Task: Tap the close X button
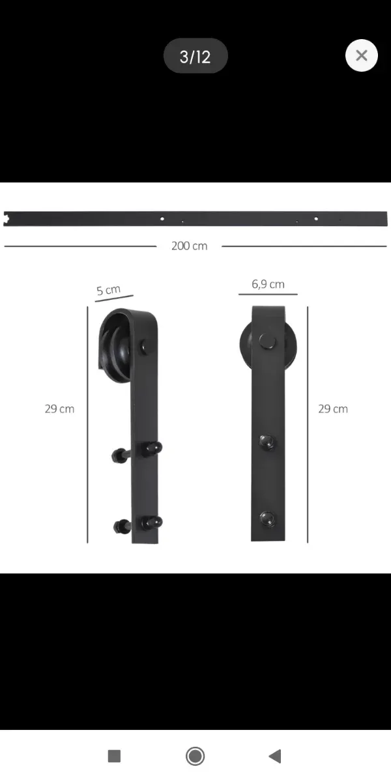pyautogui.click(x=361, y=55)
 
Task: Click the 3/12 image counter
pyautogui.click(x=195, y=56)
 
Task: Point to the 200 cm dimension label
pyautogui.click(x=189, y=246)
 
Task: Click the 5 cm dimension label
pyautogui.click(x=109, y=290)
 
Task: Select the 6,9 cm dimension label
pyautogui.click(x=268, y=284)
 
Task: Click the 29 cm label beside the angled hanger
pyautogui.click(x=59, y=409)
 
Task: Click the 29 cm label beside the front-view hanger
pyautogui.click(x=333, y=409)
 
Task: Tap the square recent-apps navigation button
pyautogui.click(x=114, y=756)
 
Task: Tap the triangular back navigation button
pyautogui.click(x=275, y=756)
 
